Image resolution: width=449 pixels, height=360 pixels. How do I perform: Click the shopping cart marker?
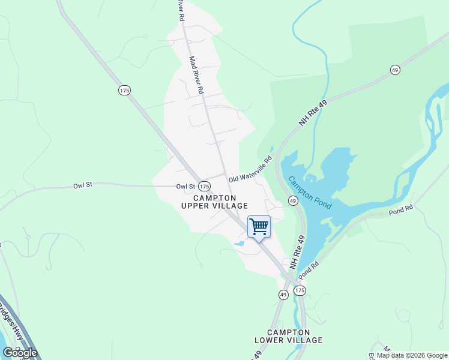tap(259, 227)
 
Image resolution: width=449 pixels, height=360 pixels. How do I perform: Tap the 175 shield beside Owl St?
tap(205, 187)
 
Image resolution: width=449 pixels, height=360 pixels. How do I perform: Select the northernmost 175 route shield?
tap(124, 90)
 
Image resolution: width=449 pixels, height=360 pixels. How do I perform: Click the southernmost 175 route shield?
tap(300, 290)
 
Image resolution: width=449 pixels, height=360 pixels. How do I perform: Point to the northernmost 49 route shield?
tap(394, 70)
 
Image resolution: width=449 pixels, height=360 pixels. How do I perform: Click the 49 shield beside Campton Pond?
tap(292, 200)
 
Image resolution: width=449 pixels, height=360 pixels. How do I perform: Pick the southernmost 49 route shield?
tap(283, 295)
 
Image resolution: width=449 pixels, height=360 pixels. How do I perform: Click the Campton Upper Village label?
tap(214, 202)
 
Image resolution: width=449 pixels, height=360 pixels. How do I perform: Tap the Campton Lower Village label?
tap(288, 336)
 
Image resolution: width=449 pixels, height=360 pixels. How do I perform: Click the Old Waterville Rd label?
tap(250, 170)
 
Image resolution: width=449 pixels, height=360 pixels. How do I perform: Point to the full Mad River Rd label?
tap(197, 75)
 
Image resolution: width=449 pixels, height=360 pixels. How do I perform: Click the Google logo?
tap(20, 353)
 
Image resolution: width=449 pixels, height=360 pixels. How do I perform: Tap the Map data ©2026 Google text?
tap(412, 355)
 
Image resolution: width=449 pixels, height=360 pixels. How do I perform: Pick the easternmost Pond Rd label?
tap(401, 209)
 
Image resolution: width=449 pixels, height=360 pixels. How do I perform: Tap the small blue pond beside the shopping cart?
tap(239, 243)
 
